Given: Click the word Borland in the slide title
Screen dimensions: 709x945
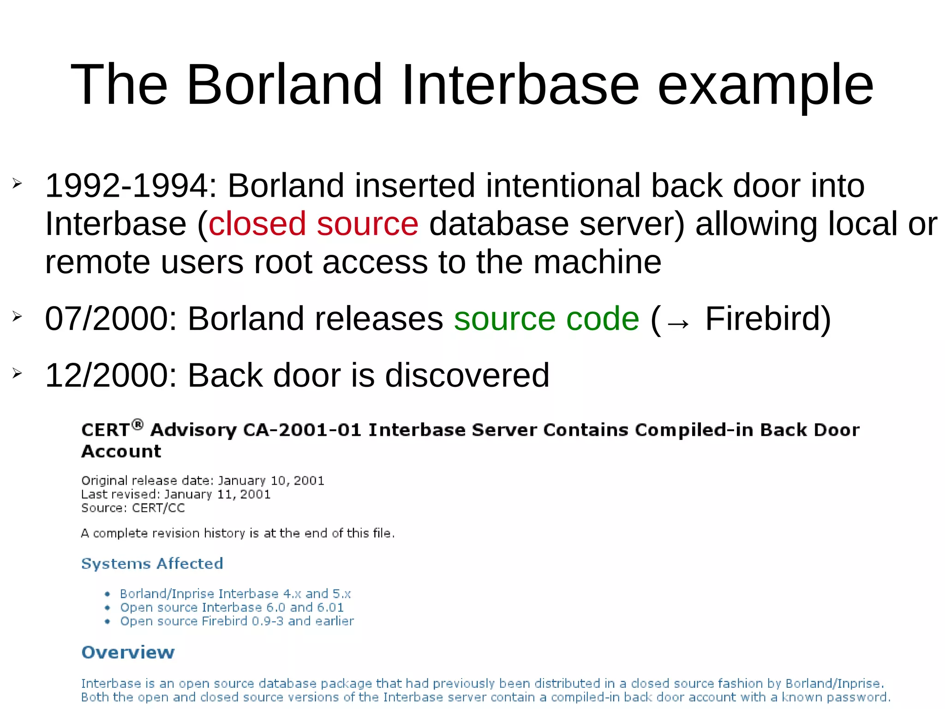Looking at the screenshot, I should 284,85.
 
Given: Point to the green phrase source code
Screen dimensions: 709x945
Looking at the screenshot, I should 546,319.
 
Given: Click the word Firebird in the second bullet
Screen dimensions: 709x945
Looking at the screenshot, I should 767,319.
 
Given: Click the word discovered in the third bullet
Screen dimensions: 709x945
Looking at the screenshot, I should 467,375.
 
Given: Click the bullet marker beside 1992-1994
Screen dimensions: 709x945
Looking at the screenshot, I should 17,184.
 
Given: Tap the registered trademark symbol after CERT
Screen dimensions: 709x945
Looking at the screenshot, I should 137,424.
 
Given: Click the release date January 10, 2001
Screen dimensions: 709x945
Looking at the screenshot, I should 271,481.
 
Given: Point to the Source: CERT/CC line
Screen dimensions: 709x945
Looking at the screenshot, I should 133,508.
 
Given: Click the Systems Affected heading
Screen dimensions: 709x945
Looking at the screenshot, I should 152,564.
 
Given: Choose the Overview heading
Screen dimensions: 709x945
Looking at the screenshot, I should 128,653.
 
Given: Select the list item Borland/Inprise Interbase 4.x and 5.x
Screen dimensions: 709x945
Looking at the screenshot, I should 235,594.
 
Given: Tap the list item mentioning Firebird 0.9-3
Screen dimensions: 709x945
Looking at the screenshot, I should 237,621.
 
